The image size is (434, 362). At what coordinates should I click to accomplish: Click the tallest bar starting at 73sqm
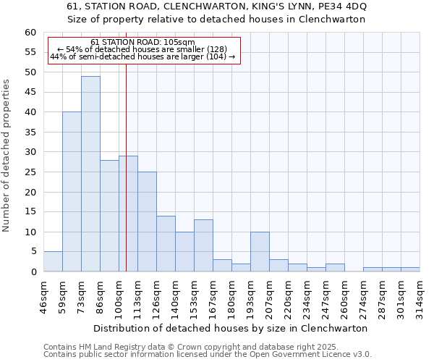(90, 174)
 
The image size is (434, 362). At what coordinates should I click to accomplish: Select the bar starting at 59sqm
(72, 192)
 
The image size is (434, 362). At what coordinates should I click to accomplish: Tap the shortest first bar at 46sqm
(53, 261)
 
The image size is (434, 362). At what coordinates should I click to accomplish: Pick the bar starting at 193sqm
(260, 252)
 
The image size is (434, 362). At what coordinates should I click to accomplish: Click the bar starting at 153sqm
(203, 245)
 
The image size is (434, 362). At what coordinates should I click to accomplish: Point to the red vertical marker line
(126, 181)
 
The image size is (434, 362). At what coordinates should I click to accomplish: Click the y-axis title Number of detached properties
(7, 156)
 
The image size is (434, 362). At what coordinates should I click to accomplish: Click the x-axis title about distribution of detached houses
(231, 328)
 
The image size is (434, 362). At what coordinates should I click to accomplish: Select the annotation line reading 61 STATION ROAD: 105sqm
(143, 42)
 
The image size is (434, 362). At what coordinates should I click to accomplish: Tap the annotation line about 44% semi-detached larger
(142, 56)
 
